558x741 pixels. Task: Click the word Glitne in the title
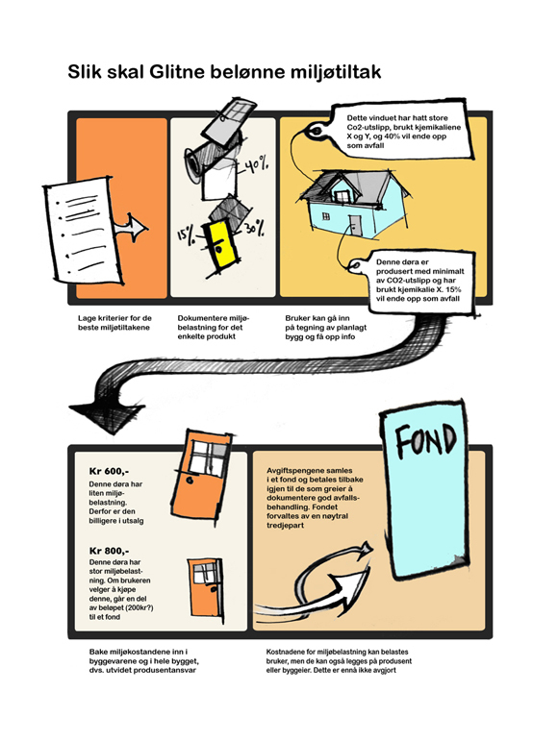pyautogui.click(x=177, y=72)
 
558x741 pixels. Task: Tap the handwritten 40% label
pyautogui.click(x=256, y=165)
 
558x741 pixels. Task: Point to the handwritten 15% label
pyautogui.click(x=187, y=235)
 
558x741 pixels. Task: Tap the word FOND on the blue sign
pyautogui.click(x=425, y=440)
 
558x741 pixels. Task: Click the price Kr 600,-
pyautogui.click(x=109, y=471)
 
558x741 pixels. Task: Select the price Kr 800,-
pyautogui.click(x=109, y=551)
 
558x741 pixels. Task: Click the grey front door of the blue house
pyautogui.click(x=356, y=226)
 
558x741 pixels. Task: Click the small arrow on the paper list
pyautogui.click(x=131, y=228)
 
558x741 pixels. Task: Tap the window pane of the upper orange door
pyautogui.click(x=208, y=457)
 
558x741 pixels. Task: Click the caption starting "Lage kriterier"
pyautogui.click(x=114, y=323)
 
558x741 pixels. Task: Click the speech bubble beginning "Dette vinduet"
pyautogui.click(x=403, y=132)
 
